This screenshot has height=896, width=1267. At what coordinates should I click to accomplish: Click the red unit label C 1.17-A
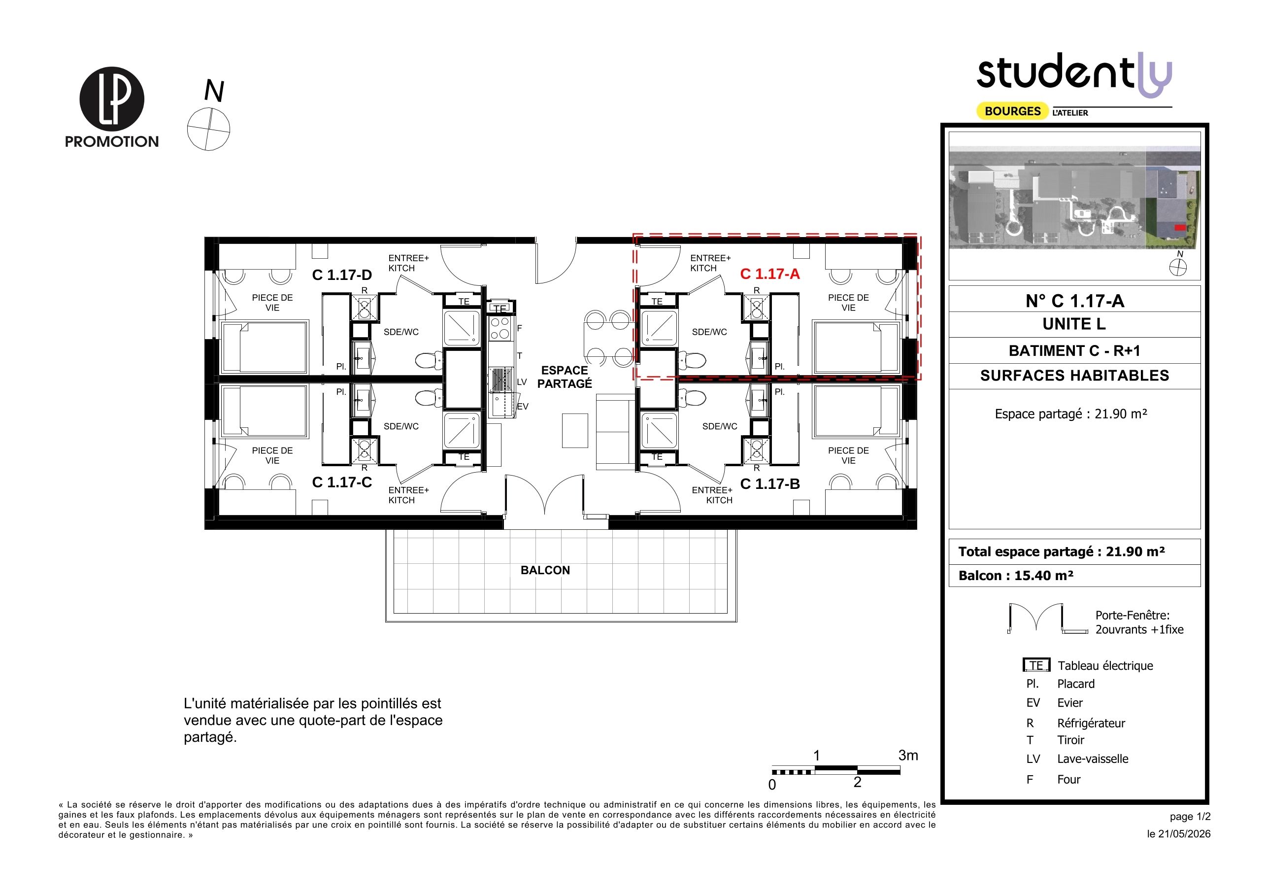point(770,274)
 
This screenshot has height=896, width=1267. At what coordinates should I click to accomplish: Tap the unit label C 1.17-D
point(342,275)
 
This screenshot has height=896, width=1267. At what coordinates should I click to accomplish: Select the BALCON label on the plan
point(545,570)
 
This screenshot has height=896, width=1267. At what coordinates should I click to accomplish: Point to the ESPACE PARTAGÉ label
point(565,377)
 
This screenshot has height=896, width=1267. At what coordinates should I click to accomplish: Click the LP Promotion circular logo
point(112,99)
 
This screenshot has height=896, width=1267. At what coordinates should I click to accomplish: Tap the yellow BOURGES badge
point(1013,111)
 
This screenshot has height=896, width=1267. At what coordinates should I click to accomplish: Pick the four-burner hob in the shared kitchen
point(500,328)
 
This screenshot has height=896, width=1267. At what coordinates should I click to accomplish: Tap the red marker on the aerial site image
point(1180,227)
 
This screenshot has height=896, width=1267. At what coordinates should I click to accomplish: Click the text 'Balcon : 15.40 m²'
point(1016,575)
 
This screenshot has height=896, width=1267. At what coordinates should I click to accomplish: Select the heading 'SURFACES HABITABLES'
point(1074,376)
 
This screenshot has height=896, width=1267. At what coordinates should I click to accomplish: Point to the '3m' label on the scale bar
point(908,755)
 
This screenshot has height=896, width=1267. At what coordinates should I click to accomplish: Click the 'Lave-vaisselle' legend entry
point(1093,758)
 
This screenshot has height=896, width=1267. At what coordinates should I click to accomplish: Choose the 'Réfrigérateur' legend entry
point(1091,723)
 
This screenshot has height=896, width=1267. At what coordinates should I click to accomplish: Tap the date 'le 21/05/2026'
point(1179,833)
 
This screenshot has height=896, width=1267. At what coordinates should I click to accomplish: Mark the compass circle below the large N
point(208,129)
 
